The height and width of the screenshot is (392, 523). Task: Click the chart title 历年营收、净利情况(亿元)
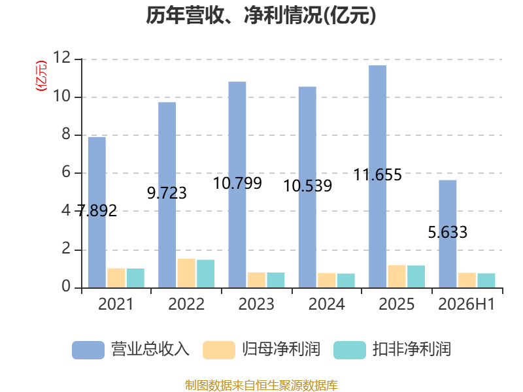[261, 15]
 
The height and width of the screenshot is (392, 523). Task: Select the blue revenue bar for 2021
[97, 212]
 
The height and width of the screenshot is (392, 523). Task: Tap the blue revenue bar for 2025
[378, 176]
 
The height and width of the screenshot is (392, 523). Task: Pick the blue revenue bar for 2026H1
[448, 234]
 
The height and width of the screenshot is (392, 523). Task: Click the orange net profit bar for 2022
[186, 273]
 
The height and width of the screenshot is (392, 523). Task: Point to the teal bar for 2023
[276, 280]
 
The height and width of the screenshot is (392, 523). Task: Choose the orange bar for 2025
[397, 276]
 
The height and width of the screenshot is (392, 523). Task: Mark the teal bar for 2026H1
[486, 280]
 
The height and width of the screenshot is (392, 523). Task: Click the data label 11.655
[378, 175]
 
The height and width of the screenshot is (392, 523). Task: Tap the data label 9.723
[167, 193]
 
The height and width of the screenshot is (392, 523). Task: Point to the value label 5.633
[448, 233]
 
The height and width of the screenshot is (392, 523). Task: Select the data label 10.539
[307, 186]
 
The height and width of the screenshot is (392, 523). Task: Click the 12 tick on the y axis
[61, 57]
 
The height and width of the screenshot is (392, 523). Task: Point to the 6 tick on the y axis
[66, 172]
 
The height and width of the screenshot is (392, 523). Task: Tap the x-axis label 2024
[326, 304]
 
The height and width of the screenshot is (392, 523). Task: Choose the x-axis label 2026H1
[466, 304]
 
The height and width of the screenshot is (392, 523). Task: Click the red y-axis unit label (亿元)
[41, 76]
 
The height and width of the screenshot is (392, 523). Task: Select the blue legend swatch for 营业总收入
[88, 350]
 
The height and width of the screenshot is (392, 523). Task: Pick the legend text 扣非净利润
[412, 350]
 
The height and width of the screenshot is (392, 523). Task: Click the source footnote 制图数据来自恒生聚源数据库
[261, 385]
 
